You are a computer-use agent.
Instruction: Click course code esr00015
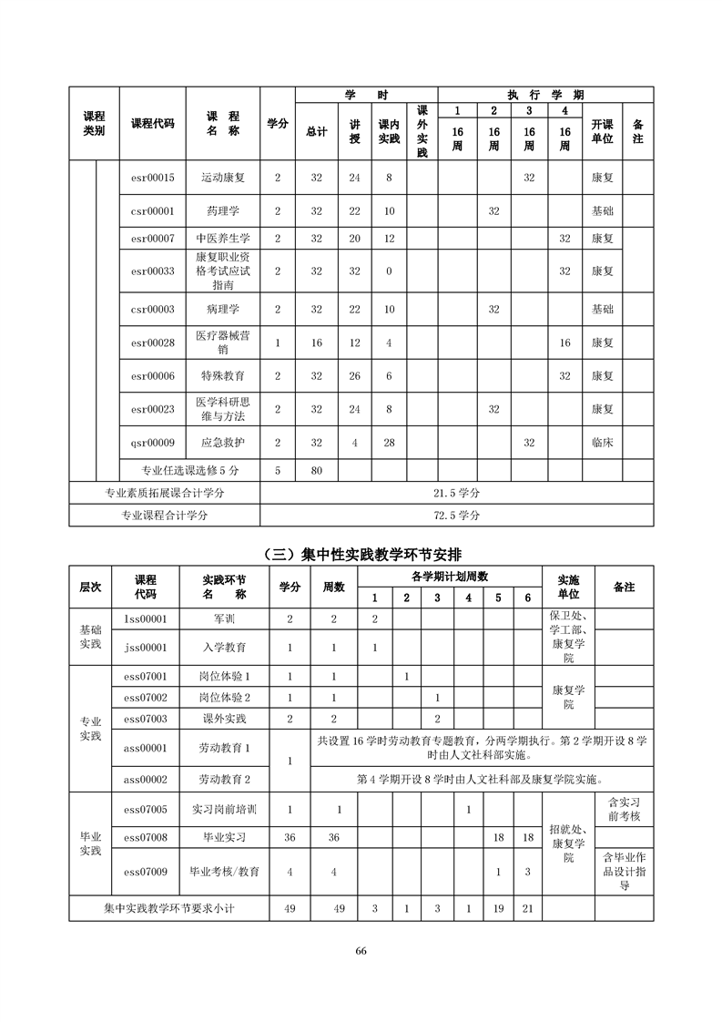pos(153,177)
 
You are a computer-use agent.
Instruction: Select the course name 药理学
pos(223,210)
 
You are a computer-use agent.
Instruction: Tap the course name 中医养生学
pos(223,238)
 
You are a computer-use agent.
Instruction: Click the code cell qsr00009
pos(153,442)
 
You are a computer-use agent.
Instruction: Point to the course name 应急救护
pos(223,442)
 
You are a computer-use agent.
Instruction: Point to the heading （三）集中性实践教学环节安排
pos(361,552)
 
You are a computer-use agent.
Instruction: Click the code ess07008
pos(146,836)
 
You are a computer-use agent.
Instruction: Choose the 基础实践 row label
pos(91,637)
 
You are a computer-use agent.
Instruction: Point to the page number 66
pos(361,951)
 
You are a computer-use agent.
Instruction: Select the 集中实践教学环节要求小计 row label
pos(169,908)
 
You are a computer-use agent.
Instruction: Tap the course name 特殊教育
pos(223,374)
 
